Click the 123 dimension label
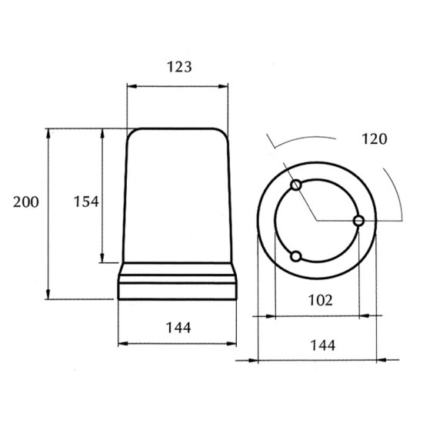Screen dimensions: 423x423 tap(179, 67)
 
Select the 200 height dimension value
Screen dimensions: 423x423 tap(26, 202)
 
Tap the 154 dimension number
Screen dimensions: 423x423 tap(86, 202)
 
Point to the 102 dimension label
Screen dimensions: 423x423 tap(320, 300)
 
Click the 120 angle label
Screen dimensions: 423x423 tap(375, 139)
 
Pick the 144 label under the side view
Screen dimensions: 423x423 tap(178, 328)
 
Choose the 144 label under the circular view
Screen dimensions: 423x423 tap(323, 345)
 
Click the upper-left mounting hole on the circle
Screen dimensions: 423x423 tap(296, 185)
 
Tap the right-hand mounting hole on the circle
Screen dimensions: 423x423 tap(358, 221)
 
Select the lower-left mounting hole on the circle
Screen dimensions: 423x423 tap(296, 256)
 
